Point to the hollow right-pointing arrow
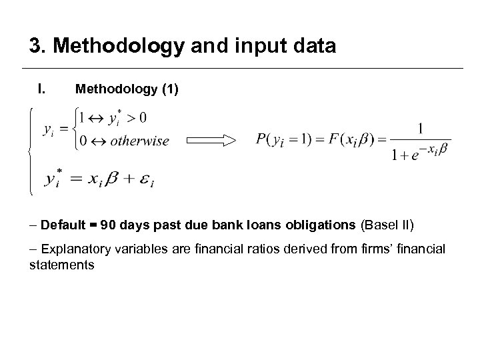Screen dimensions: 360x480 click(x=211, y=140)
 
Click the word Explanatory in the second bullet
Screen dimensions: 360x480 click(x=73, y=249)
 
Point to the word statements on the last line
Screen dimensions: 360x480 click(x=61, y=265)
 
